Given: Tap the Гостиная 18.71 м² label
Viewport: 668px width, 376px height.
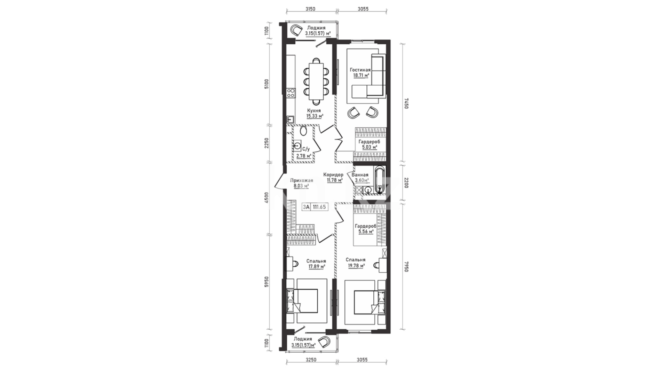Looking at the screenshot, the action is click(x=360, y=72).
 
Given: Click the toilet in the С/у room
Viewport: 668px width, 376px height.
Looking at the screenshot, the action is click(x=303, y=131).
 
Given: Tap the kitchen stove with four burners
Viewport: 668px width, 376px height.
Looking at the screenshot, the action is click(x=291, y=93).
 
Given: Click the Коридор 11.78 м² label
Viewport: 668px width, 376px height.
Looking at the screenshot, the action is click(x=333, y=178).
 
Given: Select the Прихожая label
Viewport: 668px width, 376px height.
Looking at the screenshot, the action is click(x=302, y=180).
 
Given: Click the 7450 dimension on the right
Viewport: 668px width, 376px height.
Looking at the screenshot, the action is click(x=406, y=103).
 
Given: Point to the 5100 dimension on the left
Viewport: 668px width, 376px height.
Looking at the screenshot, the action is click(x=267, y=85).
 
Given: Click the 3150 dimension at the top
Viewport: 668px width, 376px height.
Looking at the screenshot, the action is click(x=310, y=9).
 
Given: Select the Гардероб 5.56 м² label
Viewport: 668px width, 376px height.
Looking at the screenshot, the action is click(x=365, y=228).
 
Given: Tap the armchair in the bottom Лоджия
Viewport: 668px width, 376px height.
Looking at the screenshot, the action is click(x=326, y=342).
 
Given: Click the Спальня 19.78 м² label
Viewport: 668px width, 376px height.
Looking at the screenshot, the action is click(x=355, y=263).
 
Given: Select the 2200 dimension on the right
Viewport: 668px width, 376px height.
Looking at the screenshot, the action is click(x=406, y=182).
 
